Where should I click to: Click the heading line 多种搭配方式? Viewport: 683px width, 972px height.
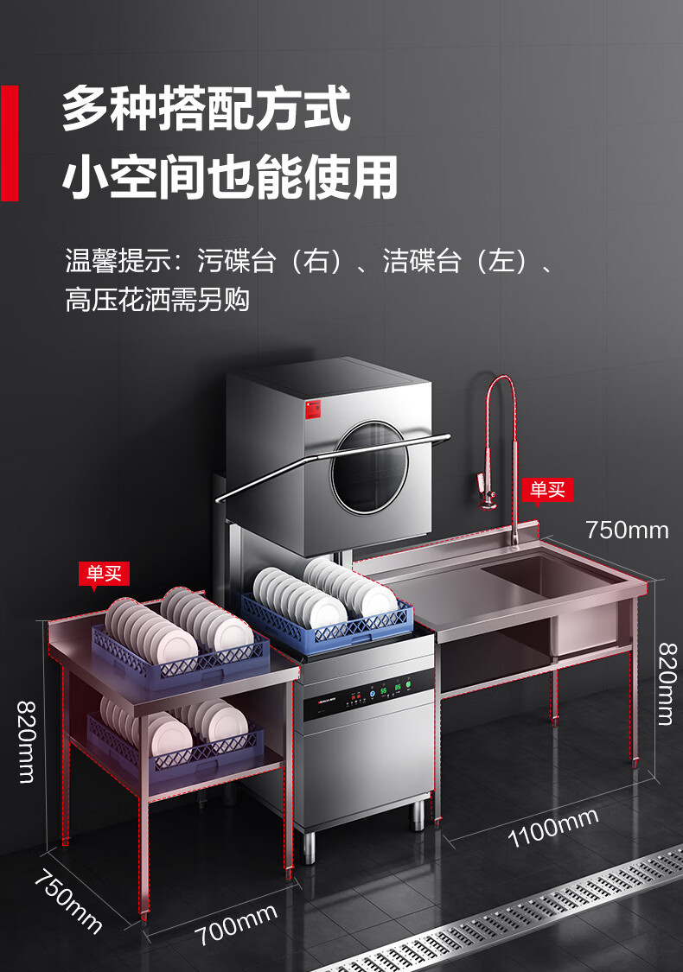[x=207, y=108]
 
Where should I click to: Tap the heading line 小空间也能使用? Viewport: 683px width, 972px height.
[x=230, y=177]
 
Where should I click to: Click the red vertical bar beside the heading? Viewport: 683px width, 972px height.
[x=10, y=143]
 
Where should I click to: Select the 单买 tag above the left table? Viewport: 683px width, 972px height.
[x=104, y=573]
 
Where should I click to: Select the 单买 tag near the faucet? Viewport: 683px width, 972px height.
[x=547, y=490]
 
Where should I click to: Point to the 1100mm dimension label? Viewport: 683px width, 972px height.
[x=552, y=827]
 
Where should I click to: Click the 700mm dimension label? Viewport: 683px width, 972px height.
[x=235, y=924]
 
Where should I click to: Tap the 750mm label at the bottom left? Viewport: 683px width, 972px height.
[x=67, y=902]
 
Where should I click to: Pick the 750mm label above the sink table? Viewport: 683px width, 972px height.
[x=627, y=530]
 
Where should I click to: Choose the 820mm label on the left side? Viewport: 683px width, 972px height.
[x=27, y=740]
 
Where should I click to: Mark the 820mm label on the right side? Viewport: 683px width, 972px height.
[x=665, y=683]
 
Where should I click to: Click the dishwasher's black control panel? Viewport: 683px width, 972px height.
[x=367, y=692]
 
